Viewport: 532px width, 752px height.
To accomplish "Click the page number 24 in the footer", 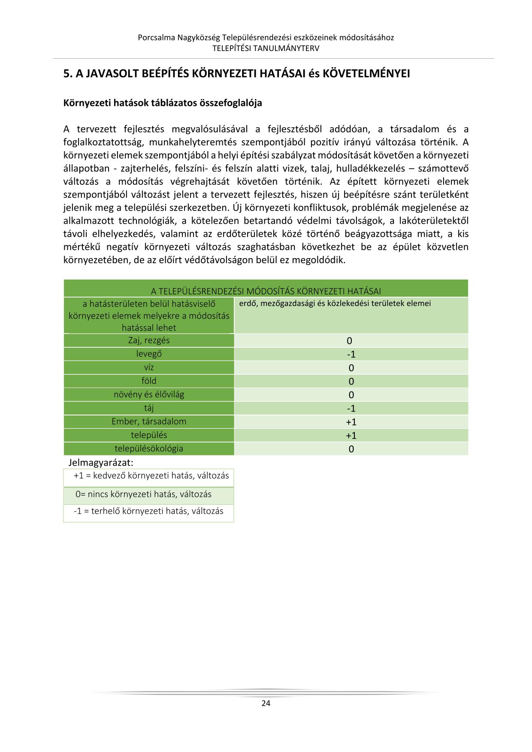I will pos(266,703).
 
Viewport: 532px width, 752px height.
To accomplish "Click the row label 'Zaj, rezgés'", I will pos(149,340).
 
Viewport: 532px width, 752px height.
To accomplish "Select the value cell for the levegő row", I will pos(351,355).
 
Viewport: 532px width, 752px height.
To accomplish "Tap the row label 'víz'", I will pos(149,367).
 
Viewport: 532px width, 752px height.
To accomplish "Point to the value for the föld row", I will pos(351,382).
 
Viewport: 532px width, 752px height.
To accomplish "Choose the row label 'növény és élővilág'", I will pos(149,394).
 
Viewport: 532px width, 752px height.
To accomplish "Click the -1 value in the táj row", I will pos(351,409).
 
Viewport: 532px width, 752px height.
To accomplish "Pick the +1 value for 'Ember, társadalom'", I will pos(351,422).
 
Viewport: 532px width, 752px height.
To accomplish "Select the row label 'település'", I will pos(149,435).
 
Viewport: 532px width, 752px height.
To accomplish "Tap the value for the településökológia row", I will pos(351,449).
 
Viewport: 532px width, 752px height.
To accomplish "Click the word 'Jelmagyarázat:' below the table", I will pos(101,463).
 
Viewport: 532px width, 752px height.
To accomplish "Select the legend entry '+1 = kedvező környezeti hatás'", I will pos(151,475).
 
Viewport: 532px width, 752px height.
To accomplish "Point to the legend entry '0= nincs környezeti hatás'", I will pos(143,494).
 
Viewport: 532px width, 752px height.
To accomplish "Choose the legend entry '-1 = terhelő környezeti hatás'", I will pos(148,511).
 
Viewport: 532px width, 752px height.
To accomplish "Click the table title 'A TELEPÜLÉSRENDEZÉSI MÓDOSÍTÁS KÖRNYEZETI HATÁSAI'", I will pos(266,292).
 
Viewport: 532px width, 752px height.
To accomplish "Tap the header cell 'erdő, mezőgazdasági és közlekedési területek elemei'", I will pos(335,304).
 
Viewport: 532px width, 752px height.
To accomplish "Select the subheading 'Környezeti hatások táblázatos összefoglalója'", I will pos(163,103).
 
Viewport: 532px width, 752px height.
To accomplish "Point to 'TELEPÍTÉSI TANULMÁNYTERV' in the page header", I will pos(266,48).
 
